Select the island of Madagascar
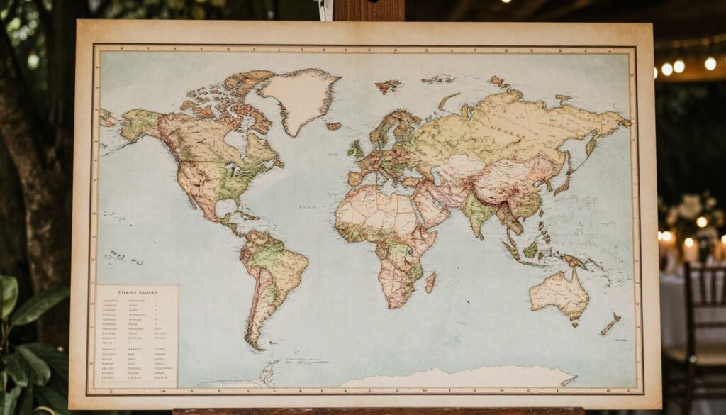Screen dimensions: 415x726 click(430, 282)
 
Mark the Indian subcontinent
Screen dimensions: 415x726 click(479, 212)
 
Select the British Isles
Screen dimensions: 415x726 click(356, 150)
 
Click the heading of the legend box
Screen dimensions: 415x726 click(136, 292)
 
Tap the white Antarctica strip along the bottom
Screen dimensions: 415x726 click(454, 377)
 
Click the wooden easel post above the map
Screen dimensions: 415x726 click(369, 10)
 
